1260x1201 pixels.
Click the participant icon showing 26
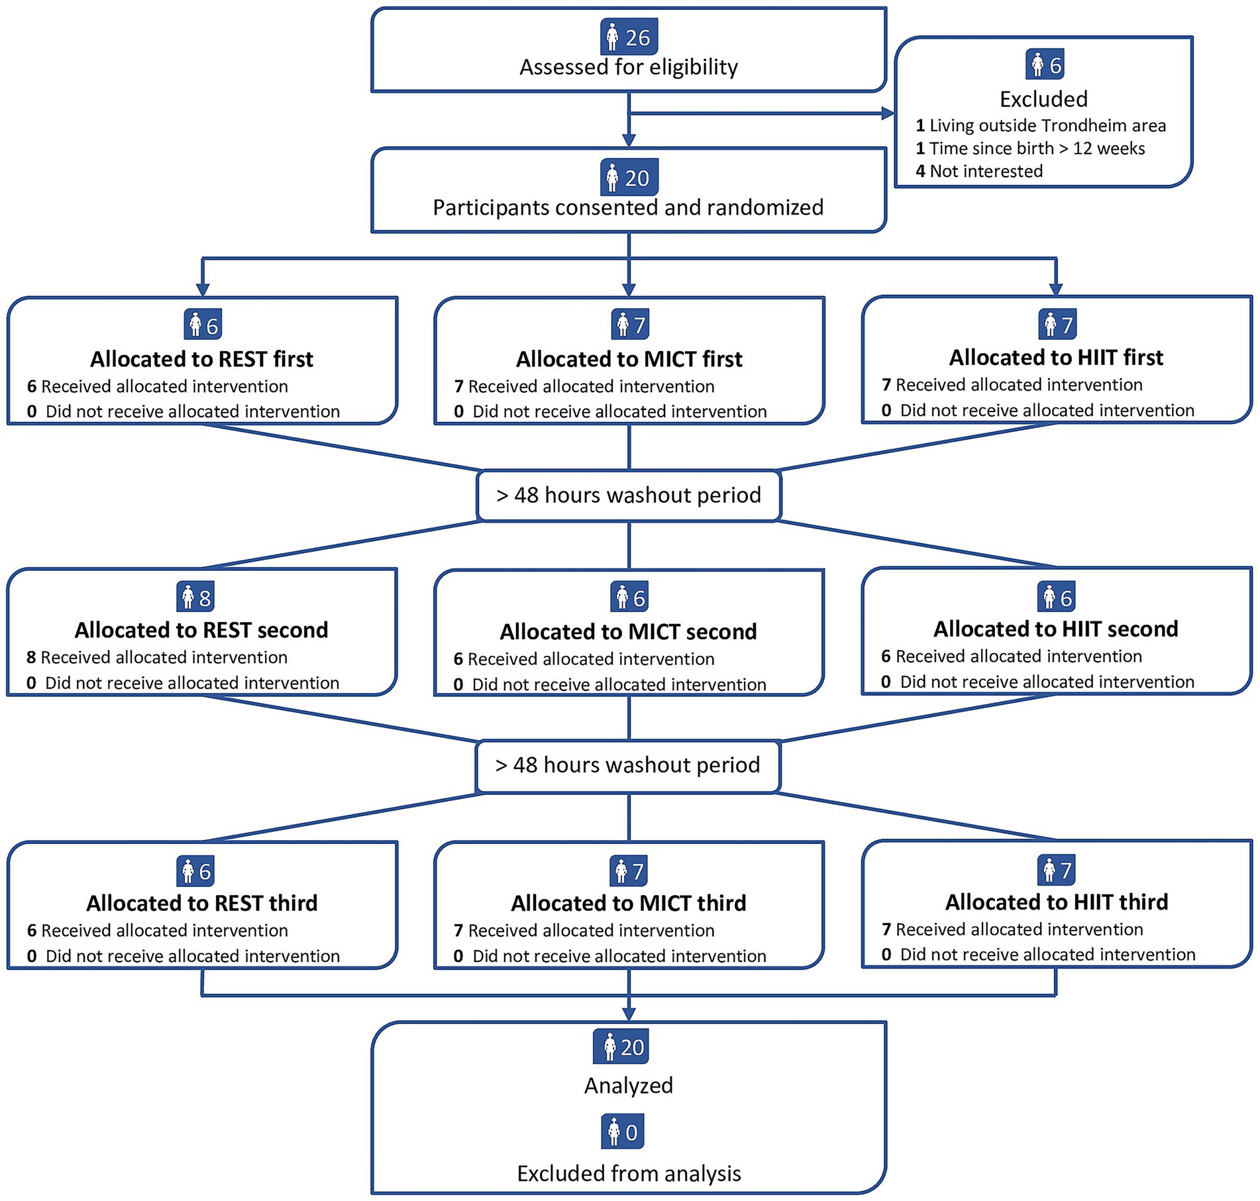tap(629, 37)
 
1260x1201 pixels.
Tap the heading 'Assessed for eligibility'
tap(628, 67)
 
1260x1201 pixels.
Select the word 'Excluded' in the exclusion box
tap(1043, 99)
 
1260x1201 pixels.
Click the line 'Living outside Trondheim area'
tap(1047, 125)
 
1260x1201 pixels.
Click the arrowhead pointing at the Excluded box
tap(888, 114)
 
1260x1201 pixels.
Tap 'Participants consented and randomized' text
tap(628, 207)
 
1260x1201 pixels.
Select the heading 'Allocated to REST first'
tap(201, 359)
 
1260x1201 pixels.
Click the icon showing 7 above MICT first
tap(629, 325)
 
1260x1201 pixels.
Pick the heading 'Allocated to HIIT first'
tap(1056, 358)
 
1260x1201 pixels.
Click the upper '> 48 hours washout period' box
tap(628, 496)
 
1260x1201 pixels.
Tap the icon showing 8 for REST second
tap(196, 598)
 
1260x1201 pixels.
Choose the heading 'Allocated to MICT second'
tap(628, 632)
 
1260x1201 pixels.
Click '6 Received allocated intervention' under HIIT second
tap(1012, 656)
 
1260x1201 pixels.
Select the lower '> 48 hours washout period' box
tap(627, 765)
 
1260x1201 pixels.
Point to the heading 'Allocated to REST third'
tap(201, 904)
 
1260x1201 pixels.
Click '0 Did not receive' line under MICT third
tap(609, 956)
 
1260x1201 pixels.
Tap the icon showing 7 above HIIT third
tap(1056, 870)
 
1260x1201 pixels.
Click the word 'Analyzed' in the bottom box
tap(628, 1086)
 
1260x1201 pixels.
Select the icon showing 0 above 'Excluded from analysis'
tap(623, 1132)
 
